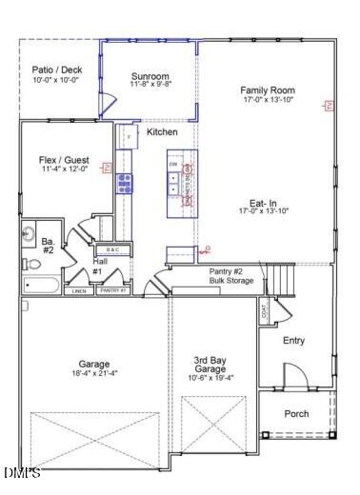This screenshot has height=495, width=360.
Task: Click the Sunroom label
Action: (x=150, y=76)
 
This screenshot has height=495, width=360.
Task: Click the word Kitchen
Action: (x=163, y=131)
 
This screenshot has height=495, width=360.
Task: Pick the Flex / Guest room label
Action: (x=64, y=159)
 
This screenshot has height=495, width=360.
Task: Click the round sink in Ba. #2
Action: (x=29, y=233)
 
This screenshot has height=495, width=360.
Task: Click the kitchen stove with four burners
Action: (x=125, y=183)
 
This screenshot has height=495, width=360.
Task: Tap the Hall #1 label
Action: (x=98, y=266)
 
